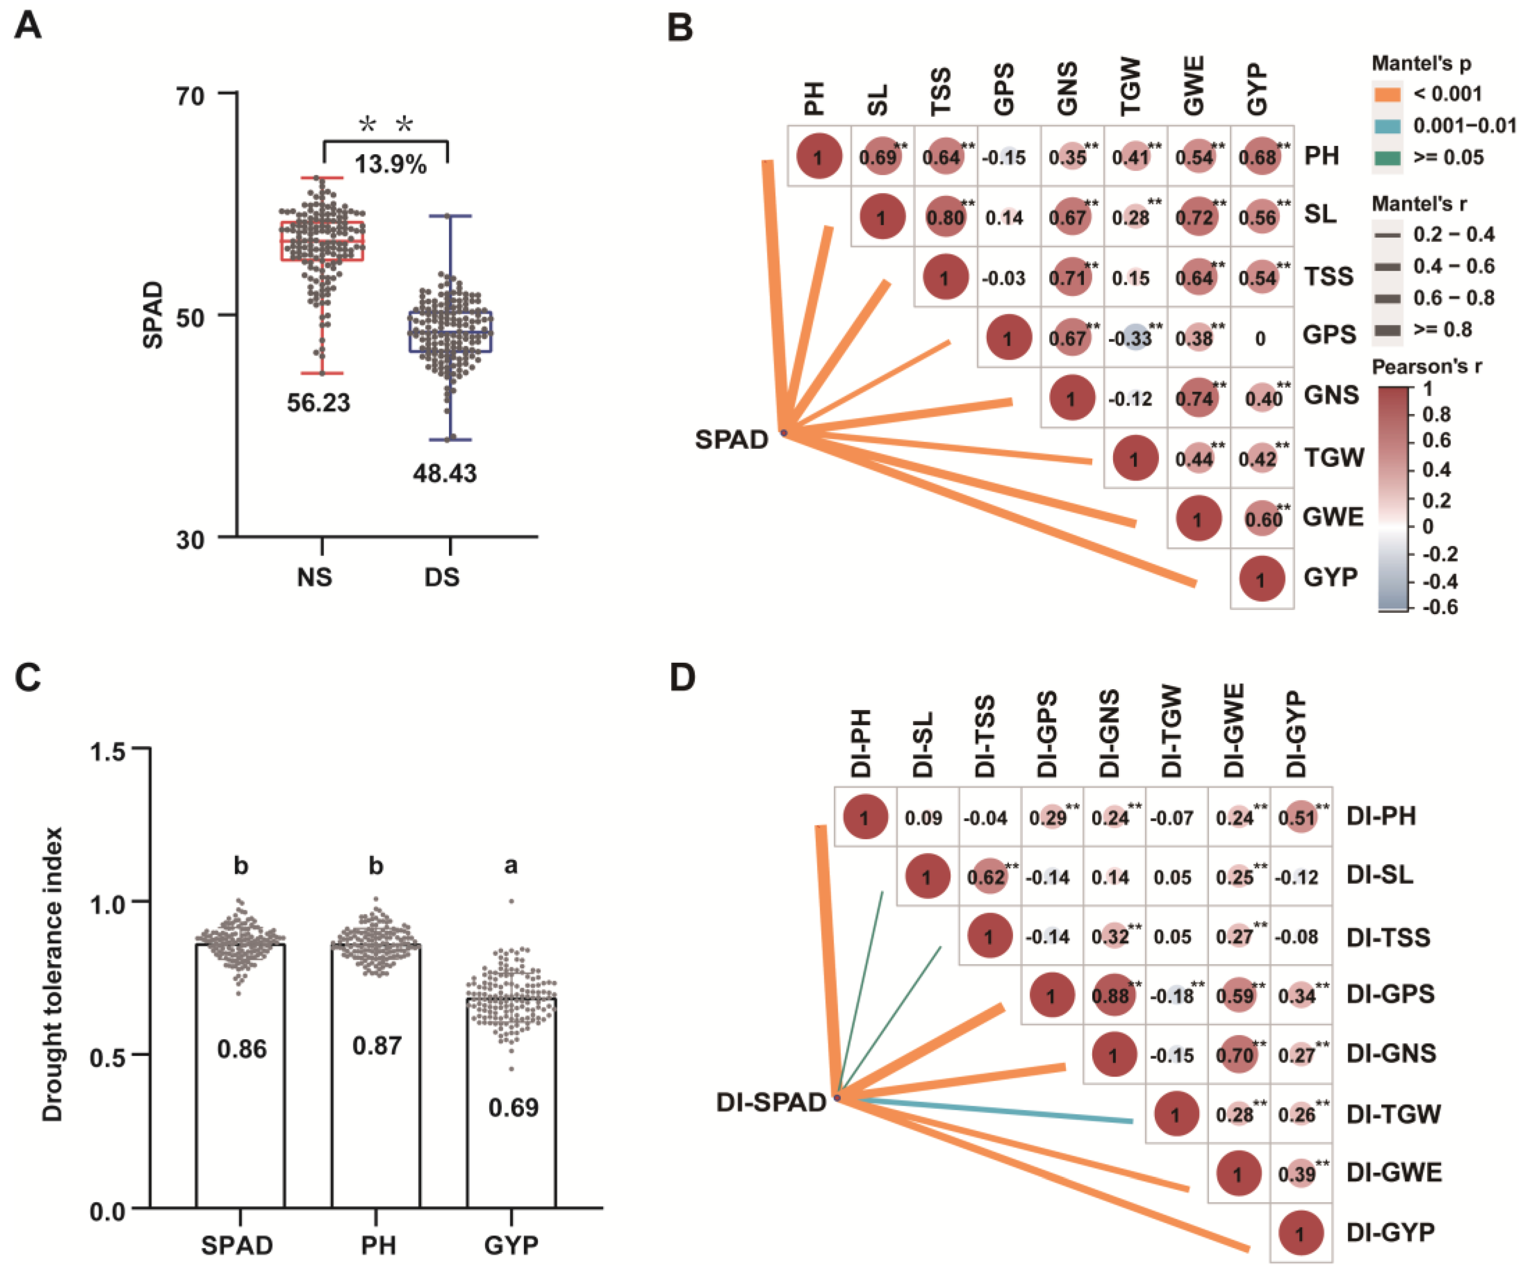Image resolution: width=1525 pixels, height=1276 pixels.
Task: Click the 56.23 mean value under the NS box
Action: (x=318, y=402)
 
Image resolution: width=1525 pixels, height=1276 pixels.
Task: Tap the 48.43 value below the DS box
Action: (x=444, y=473)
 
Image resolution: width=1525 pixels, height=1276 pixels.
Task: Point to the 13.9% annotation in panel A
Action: (x=390, y=165)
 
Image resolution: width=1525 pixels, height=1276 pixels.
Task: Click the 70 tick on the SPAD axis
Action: (x=190, y=95)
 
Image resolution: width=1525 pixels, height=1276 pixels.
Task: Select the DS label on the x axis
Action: (x=442, y=577)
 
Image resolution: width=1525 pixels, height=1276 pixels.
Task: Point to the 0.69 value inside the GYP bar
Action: (x=513, y=1108)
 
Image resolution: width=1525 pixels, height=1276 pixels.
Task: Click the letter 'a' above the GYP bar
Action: (x=511, y=865)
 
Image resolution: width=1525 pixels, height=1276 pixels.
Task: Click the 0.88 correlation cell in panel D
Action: (x=1112, y=995)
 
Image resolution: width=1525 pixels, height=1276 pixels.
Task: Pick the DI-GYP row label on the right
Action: (x=1390, y=1232)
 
